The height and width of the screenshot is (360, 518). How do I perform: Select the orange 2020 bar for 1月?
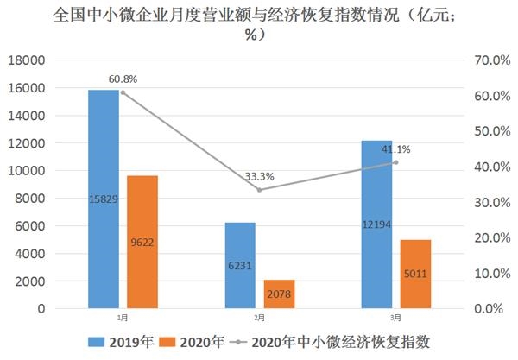click(142, 242)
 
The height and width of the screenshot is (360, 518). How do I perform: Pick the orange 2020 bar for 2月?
click(279, 294)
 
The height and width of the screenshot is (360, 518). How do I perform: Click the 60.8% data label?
click(123, 79)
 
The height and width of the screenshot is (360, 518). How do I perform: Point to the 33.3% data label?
click(259, 177)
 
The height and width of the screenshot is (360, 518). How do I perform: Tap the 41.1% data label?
click(396, 149)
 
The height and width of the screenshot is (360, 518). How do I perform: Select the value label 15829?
click(104, 199)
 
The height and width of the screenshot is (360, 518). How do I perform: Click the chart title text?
click(259, 24)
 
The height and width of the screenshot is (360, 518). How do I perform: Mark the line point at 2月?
click(259, 190)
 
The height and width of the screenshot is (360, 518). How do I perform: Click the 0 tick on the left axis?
click(40, 308)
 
